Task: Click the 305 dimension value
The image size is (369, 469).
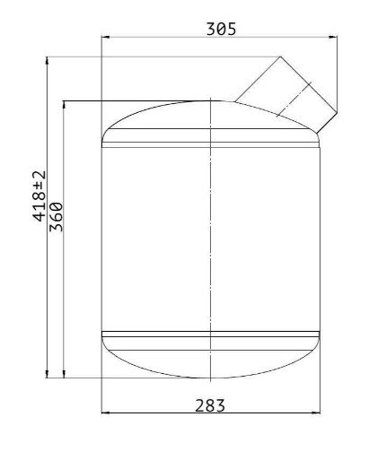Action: coord(222,29)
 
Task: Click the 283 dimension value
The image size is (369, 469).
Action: coord(210,405)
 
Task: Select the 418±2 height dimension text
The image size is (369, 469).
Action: coord(40,195)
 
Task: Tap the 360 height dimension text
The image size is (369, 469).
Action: coord(56,217)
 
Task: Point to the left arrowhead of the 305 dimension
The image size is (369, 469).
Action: coord(106,37)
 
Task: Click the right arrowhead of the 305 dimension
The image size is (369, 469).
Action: coord(333,37)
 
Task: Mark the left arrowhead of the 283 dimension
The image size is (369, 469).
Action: coord(106,413)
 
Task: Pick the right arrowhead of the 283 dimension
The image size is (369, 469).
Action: coord(316,413)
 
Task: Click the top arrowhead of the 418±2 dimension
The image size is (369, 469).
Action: coord(47,61)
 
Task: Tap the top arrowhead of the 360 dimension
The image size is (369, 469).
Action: coord(64,105)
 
